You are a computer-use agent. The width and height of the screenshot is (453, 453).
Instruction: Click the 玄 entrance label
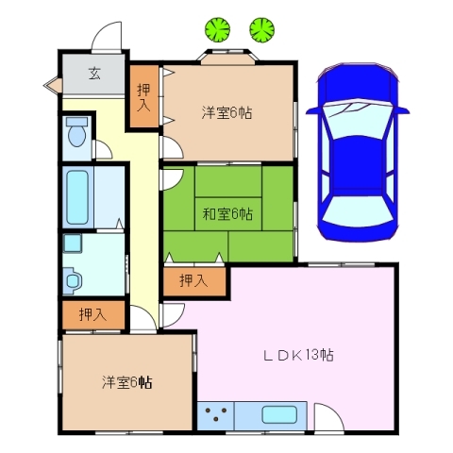tap(94, 74)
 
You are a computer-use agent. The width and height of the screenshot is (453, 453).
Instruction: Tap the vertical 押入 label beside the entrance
tap(143, 97)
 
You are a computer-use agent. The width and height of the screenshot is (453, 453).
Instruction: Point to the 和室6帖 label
tap(226, 213)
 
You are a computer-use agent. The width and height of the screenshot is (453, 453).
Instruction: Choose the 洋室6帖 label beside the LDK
tap(128, 382)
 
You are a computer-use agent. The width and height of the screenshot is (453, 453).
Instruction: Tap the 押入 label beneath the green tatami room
tap(193, 280)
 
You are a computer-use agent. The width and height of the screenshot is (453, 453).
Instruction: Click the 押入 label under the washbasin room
tap(92, 314)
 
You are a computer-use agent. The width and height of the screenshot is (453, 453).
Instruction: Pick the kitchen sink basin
tap(278, 414)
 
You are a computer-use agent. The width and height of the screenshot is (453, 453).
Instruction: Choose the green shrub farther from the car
tap(219, 29)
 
